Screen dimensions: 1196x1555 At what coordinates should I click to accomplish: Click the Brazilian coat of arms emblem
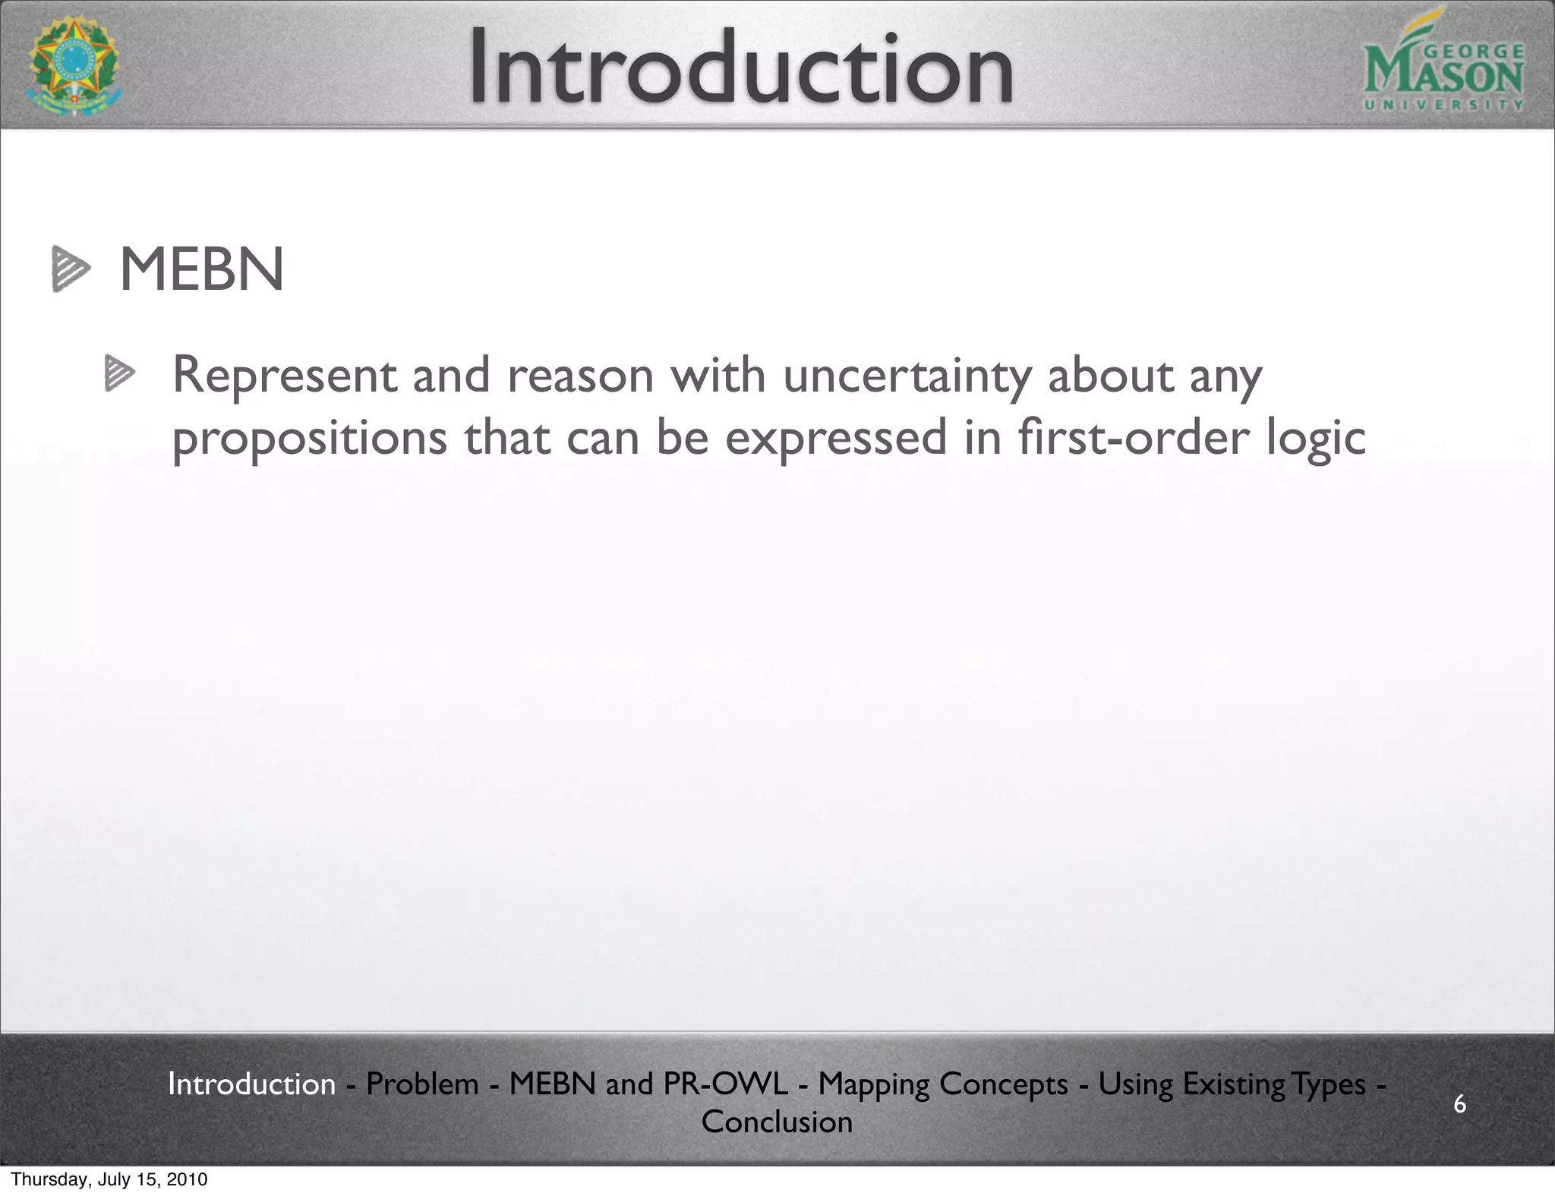(x=74, y=67)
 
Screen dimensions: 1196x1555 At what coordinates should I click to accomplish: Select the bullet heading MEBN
(x=202, y=269)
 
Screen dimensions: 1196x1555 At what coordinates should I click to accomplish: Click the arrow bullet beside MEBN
(x=71, y=269)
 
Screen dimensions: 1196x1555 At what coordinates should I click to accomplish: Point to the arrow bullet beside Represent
(x=119, y=373)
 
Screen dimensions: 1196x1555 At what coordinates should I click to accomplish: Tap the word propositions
(x=310, y=439)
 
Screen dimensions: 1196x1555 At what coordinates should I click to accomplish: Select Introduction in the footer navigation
(x=251, y=1084)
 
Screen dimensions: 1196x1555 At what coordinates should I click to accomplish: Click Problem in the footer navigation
(x=422, y=1084)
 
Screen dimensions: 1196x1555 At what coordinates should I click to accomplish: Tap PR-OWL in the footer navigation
(x=726, y=1084)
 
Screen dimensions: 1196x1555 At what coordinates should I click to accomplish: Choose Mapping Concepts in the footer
(x=943, y=1084)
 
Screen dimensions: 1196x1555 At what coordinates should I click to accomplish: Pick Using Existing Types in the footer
(x=1232, y=1084)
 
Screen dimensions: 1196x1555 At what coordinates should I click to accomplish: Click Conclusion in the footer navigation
(x=777, y=1122)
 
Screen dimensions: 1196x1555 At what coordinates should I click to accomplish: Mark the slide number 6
(x=1459, y=1103)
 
